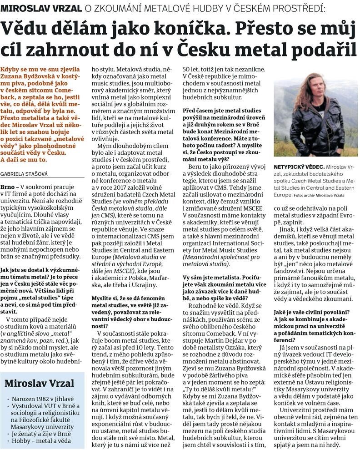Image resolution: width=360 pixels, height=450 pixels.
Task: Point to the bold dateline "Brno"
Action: click(8, 187)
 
